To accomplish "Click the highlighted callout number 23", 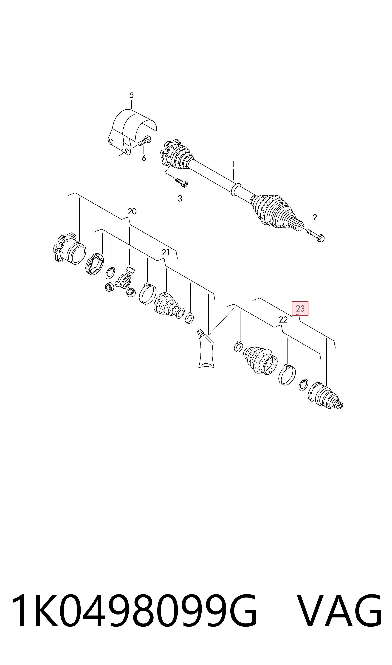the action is click(x=300, y=308).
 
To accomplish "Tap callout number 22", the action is click(x=283, y=320).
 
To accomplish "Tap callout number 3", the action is click(x=180, y=199).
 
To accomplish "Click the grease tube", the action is click(x=206, y=349).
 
